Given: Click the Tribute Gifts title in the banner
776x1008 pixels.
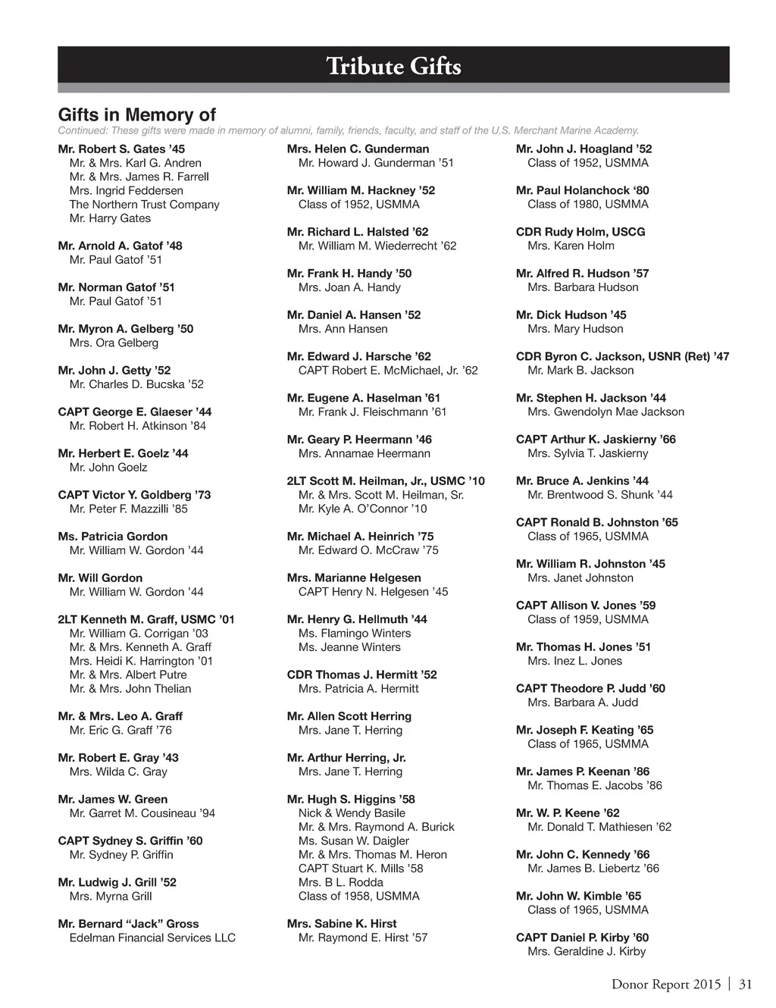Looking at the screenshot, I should pyautogui.click(x=393, y=67).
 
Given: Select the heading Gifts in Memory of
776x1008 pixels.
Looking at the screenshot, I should pyautogui.click(x=137, y=115).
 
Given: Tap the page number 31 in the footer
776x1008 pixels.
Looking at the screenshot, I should pyautogui.click(x=745, y=985).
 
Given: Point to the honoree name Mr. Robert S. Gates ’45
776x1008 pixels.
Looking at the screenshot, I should pyautogui.click(x=121, y=149).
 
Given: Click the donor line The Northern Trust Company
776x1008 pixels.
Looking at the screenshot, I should pyautogui.click(x=144, y=205).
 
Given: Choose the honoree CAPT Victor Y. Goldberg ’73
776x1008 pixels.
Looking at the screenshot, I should pyautogui.click(x=134, y=495).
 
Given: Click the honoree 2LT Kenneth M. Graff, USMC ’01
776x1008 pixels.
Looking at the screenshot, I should pyautogui.click(x=146, y=619).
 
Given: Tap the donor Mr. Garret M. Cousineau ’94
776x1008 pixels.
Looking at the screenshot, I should pyautogui.click(x=142, y=813).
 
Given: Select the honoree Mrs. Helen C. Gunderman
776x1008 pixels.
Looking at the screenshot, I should pyautogui.click(x=358, y=149).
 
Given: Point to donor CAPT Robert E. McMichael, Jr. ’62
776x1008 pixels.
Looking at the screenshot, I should pyautogui.click(x=388, y=371).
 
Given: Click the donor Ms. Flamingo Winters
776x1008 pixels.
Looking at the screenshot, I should pyautogui.click(x=355, y=634).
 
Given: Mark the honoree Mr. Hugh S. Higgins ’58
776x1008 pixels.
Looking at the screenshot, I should pyautogui.click(x=351, y=800).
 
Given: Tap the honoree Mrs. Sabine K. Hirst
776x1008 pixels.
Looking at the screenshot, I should pyautogui.click(x=342, y=924).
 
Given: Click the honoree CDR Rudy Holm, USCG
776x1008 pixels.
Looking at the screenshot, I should pyautogui.click(x=580, y=232).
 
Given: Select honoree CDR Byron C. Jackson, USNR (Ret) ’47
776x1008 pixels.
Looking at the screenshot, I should pyautogui.click(x=622, y=357).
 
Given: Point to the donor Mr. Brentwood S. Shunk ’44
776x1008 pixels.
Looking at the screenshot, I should pyautogui.click(x=600, y=495).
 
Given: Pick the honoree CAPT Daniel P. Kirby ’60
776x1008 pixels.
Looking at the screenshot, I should pyautogui.click(x=582, y=938).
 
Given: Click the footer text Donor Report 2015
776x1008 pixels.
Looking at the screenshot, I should pyautogui.click(x=666, y=985).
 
